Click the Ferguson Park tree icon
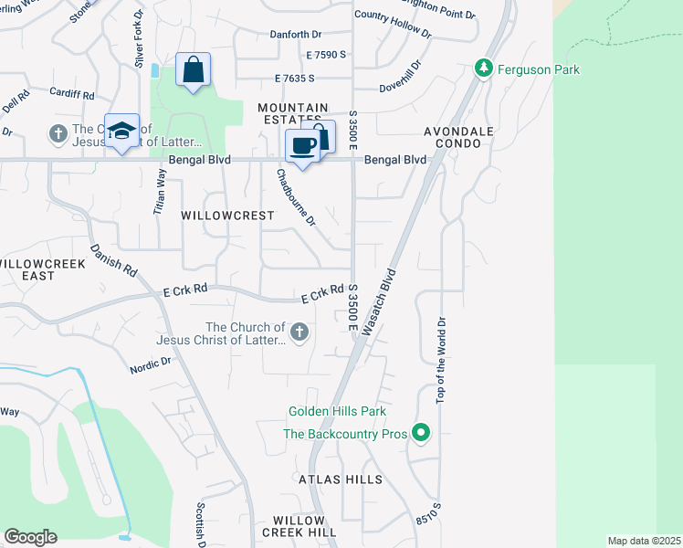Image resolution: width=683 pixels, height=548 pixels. point(484,68)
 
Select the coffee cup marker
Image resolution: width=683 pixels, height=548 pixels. point(302,145)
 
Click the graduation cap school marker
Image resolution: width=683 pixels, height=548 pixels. point(122,132)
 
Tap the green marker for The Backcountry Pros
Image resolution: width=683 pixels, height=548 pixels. point(421,433)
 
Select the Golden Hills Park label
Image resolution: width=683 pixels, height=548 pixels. point(337,412)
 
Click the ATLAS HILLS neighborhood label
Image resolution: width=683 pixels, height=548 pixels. point(339,479)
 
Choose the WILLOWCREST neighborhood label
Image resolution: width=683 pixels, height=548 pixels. point(227,216)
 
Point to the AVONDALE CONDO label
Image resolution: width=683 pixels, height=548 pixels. point(458,137)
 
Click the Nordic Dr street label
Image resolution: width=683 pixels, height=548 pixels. point(151,366)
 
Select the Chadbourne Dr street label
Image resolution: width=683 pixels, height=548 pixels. point(296,197)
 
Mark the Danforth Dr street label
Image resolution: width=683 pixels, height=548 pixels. point(297,35)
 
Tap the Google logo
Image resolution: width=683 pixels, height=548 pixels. point(30,537)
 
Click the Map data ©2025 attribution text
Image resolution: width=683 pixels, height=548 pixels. point(644,541)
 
